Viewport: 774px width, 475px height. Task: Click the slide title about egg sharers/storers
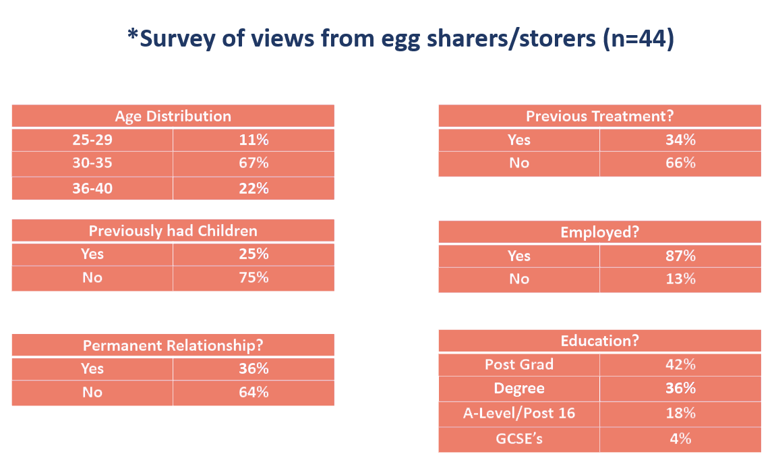click(400, 38)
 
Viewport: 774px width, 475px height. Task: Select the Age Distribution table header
click(173, 116)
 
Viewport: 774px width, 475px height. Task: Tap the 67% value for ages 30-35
click(254, 163)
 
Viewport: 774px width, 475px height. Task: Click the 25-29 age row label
click(92, 140)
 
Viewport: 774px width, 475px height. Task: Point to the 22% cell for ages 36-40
click(254, 188)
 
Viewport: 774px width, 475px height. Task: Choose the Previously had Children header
click(173, 231)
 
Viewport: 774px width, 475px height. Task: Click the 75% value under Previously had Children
click(254, 277)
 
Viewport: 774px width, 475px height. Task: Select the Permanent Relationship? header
click(173, 345)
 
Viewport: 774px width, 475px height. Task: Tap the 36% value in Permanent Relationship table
click(254, 368)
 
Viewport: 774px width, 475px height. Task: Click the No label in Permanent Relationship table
click(92, 392)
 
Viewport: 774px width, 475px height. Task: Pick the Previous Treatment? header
click(599, 116)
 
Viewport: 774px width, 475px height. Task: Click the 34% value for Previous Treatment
click(680, 140)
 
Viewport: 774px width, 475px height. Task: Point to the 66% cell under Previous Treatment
click(680, 163)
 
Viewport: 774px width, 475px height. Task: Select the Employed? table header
click(599, 232)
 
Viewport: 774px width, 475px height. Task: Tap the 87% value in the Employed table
click(680, 256)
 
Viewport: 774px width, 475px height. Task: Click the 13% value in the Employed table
click(680, 279)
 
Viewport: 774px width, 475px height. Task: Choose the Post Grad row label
click(519, 364)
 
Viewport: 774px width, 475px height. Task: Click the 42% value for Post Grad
click(680, 364)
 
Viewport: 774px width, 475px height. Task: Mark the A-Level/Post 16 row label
click(519, 413)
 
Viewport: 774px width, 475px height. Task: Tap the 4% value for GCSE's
click(680, 439)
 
